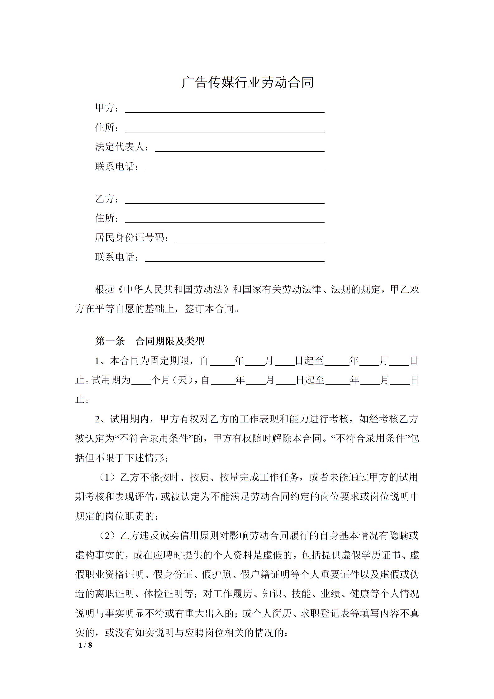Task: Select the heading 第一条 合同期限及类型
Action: point(150,341)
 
